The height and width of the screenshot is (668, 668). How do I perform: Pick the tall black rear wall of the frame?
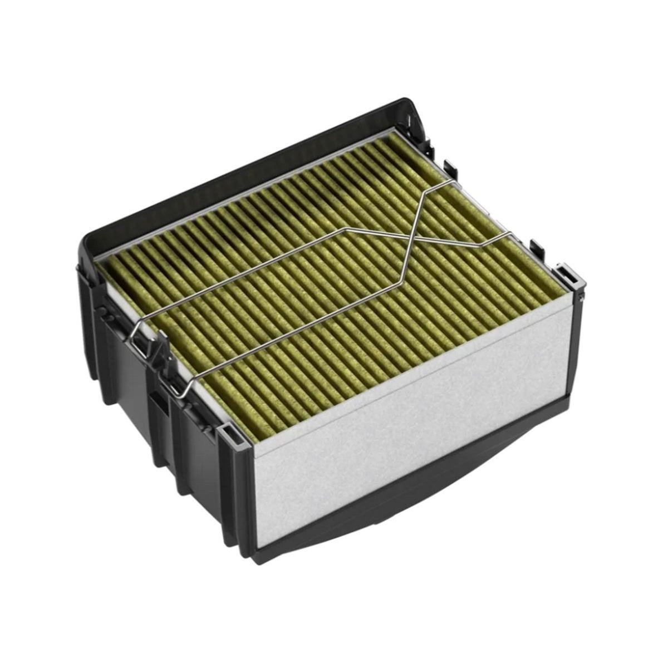point(245,167)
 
